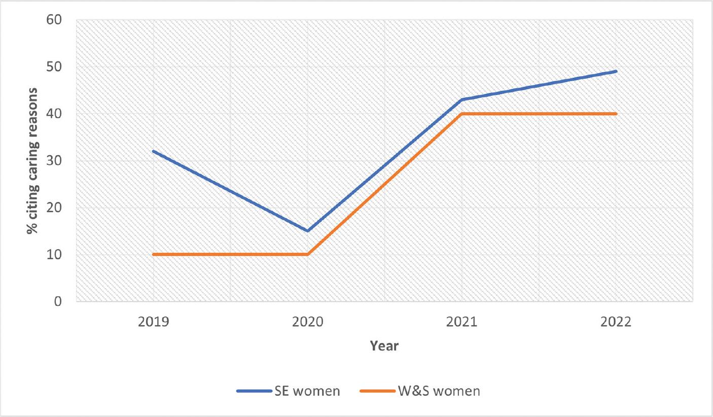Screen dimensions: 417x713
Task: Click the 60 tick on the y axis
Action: (54, 20)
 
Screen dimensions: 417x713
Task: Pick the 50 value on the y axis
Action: (54, 67)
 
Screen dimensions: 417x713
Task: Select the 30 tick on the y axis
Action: (54, 161)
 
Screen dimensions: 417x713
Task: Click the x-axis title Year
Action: (384, 346)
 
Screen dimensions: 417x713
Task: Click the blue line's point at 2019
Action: (153, 151)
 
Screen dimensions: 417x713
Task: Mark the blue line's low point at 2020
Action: (307, 231)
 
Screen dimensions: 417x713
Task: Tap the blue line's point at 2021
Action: (461, 99)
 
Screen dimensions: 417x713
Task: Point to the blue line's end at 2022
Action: (616, 72)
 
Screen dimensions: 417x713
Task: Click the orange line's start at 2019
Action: (153, 254)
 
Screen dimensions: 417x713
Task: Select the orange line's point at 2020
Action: (307, 254)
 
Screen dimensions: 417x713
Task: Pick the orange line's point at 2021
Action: (461, 114)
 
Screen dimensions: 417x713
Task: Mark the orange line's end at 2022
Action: (616, 114)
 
